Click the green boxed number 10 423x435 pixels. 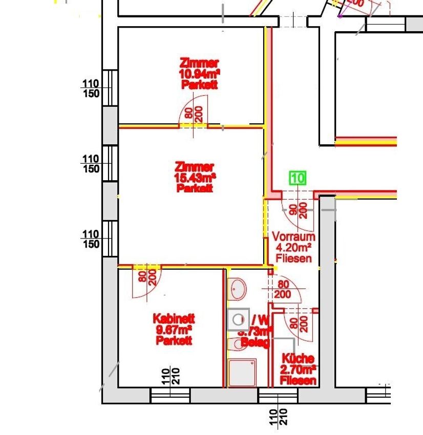(298, 178)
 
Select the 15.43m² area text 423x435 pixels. (195, 178)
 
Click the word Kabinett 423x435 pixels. (174, 318)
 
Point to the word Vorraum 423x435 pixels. (293, 237)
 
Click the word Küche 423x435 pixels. (298, 359)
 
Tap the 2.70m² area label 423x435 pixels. (298, 369)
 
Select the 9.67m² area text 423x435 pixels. (174, 330)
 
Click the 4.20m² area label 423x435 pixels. (293, 248)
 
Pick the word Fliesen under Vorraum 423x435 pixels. (293, 259)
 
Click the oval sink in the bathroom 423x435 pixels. (237, 289)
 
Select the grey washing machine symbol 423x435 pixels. (238, 320)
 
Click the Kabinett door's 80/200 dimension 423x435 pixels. (146, 278)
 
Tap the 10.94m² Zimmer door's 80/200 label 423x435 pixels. (193, 114)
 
